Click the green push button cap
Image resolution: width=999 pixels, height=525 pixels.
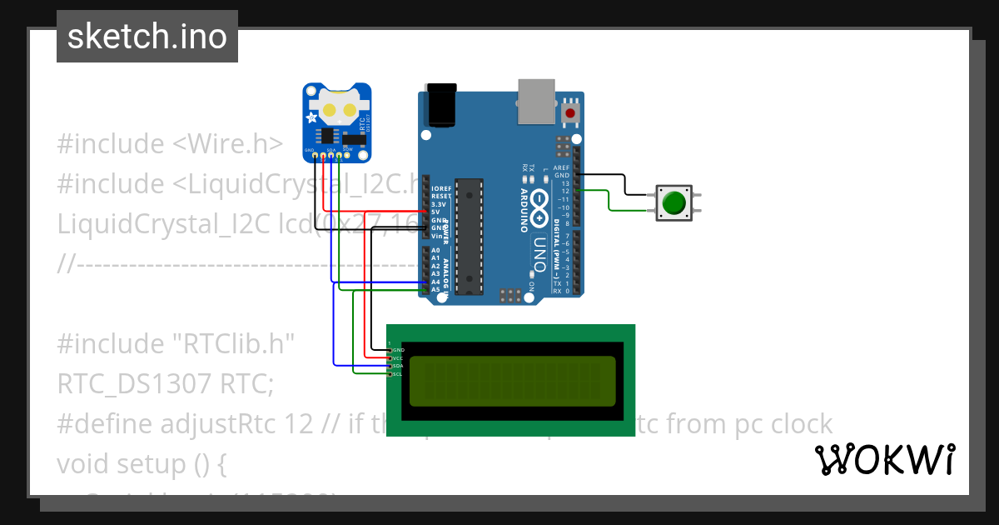(x=673, y=202)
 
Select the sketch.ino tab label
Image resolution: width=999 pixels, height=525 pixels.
(x=147, y=37)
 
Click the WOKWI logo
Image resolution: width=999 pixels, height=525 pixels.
(x=884, y=459)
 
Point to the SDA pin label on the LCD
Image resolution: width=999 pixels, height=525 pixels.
(x=398, y=366)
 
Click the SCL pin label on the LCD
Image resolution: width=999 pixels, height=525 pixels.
(x=398, y=374)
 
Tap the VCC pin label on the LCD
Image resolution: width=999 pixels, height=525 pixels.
(x=398, y=357)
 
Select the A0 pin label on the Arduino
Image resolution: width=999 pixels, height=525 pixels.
(x=435, y=251)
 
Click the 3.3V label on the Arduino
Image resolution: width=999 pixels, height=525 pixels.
(x=439, y=204)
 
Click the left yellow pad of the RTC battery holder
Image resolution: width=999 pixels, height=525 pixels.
(x=330, y=110)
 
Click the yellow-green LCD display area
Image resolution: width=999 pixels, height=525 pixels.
(x=513, y=380)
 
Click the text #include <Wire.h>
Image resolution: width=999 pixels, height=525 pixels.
(x=170, y=144)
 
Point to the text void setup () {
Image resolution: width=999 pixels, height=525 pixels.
(x=142, y=463)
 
